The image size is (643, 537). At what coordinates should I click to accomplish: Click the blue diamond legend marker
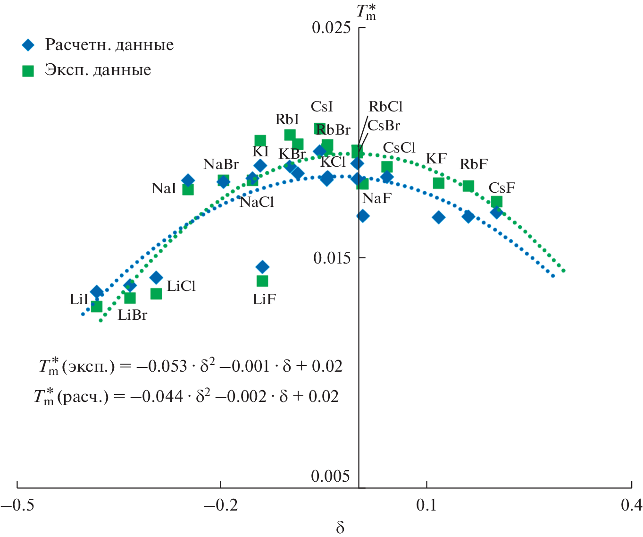pos(28,45)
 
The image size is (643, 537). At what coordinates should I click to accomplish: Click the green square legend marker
pos(28,71)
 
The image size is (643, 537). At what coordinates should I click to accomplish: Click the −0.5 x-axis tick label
pos(17,505)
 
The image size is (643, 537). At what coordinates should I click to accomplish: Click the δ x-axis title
pos(340,528)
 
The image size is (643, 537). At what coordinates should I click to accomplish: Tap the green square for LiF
pos(262,281)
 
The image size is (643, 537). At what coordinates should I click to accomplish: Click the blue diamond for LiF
pos(262,267)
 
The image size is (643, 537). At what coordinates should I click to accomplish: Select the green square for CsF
pos(496,202)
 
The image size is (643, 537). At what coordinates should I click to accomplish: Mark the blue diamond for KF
pos(439,217)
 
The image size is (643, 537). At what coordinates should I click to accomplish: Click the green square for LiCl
pos(156,294)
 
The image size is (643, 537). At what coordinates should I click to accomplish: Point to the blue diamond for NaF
pos(363,216)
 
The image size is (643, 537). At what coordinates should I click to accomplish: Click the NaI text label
pos(164,188)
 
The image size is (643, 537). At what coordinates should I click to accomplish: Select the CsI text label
pos(322,107)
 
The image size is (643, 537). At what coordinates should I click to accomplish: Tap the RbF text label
pos(474,164)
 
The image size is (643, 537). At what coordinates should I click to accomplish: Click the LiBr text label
pos(132,315)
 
